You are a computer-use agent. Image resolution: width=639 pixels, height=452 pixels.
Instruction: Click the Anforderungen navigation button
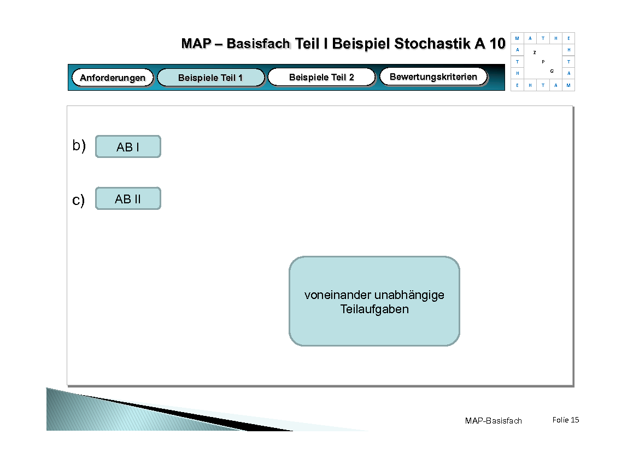(x=113, y=78)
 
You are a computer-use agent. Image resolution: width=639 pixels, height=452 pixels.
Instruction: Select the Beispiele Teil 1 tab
(x=210, y=78)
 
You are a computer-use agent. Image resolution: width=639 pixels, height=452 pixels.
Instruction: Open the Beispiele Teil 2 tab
(x=321, y=77)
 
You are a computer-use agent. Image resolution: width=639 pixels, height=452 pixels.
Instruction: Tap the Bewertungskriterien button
(x=433, y=77)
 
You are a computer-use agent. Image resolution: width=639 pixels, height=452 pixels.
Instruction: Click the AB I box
(x=128, y=147)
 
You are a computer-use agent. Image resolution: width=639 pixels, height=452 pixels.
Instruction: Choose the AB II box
(x=128, y=199)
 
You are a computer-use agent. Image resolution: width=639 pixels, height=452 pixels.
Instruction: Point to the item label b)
(x=79, y=145)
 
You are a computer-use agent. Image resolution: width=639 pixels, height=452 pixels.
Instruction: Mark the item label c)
(x=79, y=201)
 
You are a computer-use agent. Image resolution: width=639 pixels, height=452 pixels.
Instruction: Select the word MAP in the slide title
(x=196, y=44)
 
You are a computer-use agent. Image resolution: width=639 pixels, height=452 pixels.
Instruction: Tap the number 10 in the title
(x=497, y=44)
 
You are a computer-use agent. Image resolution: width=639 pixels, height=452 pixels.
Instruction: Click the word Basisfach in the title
(x=258, y=44)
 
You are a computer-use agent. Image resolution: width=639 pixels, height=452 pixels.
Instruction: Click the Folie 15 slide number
(x=565, y=420)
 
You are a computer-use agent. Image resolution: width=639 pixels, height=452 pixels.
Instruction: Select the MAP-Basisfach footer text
(x=493, y=420)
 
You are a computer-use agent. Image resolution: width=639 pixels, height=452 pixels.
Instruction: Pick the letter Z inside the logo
(x=535, y=52)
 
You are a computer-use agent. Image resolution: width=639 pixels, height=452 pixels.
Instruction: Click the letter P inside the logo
(x=543, y=62)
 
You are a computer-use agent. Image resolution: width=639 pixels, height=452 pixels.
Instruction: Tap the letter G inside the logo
(x=552, y=71)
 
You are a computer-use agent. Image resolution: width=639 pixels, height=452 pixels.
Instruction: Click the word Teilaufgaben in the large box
(x=374, y=309)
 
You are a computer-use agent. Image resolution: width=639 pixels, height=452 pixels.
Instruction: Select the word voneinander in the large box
(x=338, y=295)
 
